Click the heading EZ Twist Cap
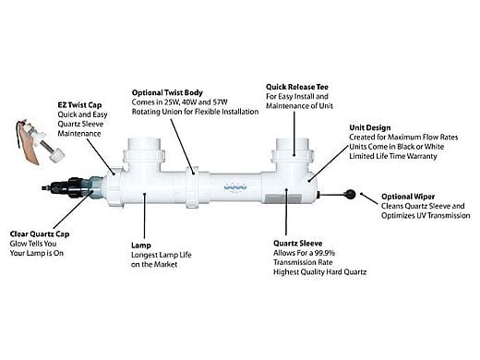click(x=79, y=105)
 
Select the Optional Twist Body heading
click(x=167, y=92)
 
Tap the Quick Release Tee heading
click(x=297, y=87)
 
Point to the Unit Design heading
click(x=370, y=127)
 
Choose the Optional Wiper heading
click(x=408, y=197)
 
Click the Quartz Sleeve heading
click(x=298, y=244)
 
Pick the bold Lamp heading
click(x=141, y=246)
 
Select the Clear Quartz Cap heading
click(x=40, y=234)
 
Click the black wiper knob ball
click(x=351, y=194)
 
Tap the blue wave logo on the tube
click(x=235, y=186)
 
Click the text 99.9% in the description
click(x=326, y=253)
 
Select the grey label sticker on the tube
click(x=282, y=198)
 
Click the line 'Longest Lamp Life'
click(x=162, y=255)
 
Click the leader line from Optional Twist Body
click(x=183, y=147)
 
